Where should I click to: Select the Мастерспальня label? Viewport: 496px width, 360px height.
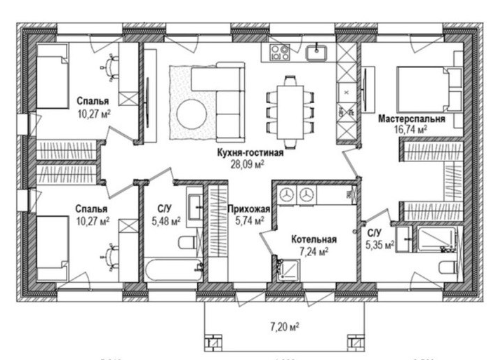(411, 119)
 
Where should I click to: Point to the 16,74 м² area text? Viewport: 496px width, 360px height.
(411, 130)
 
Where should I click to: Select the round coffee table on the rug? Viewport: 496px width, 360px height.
(191, 112)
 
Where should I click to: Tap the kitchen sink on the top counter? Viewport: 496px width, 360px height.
(320, 51)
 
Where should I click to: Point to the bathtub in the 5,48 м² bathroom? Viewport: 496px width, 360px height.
(173, 269)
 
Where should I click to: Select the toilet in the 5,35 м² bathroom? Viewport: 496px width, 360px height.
(443, 267)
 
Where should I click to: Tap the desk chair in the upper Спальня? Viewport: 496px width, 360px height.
(111, 68)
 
